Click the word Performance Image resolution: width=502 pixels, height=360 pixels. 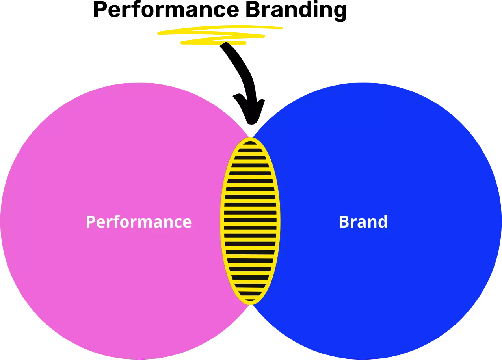point(139,222)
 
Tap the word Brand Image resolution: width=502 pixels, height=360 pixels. point(363,222)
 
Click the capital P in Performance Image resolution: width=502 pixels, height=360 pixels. point(91,222)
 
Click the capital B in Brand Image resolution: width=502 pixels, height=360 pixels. point(344,222)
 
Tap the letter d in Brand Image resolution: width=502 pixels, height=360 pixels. point(382,222)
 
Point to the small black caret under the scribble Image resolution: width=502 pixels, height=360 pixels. point(226,44)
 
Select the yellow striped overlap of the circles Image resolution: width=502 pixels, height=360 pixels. point(250,221)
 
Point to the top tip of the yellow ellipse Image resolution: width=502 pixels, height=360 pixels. point(250,138)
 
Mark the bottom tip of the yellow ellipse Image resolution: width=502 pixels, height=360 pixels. point(250,304)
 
